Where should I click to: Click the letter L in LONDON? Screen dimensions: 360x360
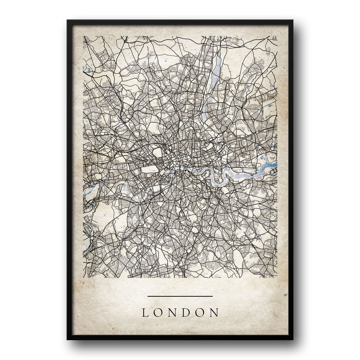[x=145, y=313]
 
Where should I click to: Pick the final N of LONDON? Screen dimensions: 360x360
[x=214, y=313]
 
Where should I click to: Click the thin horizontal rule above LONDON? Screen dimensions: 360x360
[x=180, y=296]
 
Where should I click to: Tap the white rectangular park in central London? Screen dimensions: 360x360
[x=149, y=170]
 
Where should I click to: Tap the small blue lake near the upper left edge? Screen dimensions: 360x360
[x=88, y=70]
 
